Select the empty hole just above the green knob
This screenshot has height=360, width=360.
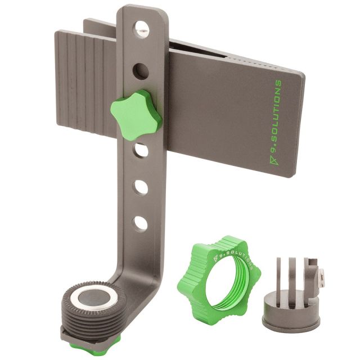pyautogui.click(x=141, y=71)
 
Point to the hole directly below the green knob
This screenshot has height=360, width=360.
pyautogui.click(x=141, y=150)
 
